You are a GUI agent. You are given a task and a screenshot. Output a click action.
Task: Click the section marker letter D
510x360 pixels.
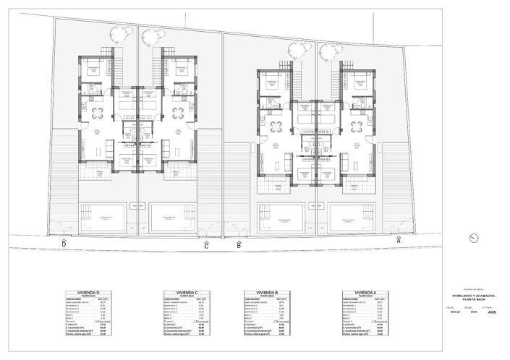coord(64,245)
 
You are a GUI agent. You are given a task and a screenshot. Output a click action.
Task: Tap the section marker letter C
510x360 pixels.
coord(206,246)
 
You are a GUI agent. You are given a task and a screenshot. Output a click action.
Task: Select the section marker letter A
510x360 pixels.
coord(399,239)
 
